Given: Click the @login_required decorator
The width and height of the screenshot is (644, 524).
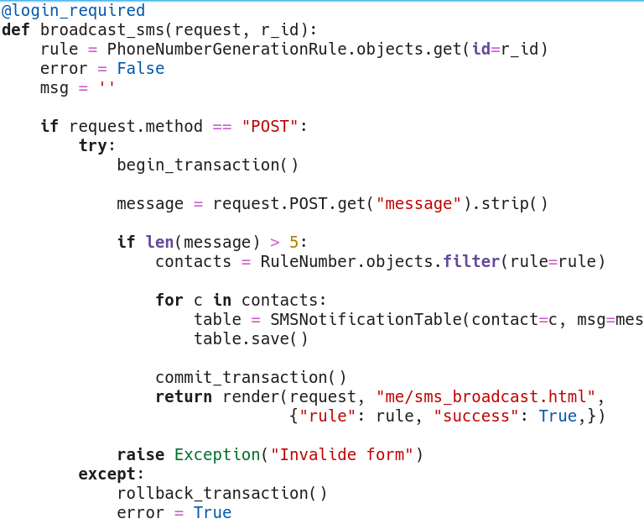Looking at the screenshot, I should [x=73, y=11].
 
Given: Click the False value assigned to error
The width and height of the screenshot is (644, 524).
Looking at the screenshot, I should [x=140, y=69].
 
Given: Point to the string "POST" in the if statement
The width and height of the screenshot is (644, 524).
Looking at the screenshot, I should [x=270, y=127].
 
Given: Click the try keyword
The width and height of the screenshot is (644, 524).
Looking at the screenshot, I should [x=92, y=146].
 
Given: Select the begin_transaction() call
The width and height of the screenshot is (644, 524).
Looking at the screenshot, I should [x=207, y=165].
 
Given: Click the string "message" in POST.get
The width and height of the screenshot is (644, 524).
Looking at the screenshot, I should [x=418, y=204].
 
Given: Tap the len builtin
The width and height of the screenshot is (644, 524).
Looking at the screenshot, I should [x=159, y=243].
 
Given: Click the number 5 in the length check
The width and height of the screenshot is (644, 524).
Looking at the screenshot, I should [x=293, y=243].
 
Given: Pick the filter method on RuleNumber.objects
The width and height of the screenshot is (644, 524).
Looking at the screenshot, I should [x=471, y=262].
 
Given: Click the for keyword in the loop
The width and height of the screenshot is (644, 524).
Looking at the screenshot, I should [x=169, y=301].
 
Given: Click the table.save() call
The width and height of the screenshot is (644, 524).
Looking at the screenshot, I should [x=251, y=339].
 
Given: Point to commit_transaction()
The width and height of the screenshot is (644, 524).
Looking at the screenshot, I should [x=251, y=378].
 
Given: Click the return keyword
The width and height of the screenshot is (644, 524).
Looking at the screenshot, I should [x=184, y=397].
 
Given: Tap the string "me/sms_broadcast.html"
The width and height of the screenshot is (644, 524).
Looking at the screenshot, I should [x=486, y=397].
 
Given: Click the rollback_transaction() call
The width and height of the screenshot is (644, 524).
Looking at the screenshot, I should [x=222, y=494].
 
